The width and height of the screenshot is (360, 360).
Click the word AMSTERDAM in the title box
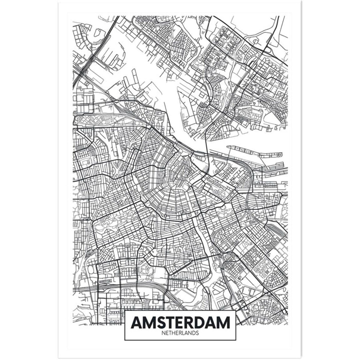coord(180,322)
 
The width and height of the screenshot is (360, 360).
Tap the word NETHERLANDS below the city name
coord(180,333)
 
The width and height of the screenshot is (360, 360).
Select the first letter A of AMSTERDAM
coord(136,322)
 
